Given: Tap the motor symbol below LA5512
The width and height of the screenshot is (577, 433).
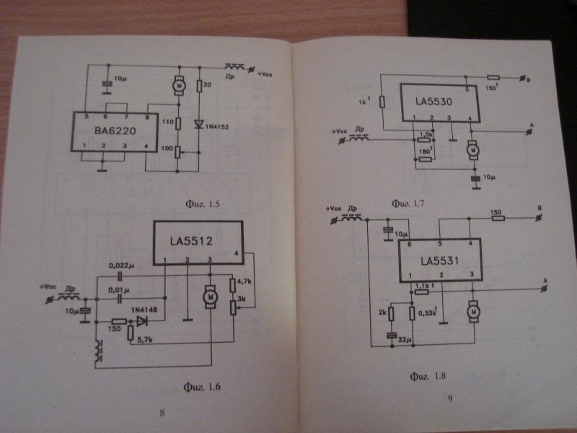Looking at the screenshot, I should pyautogui.click(x=210, y=296).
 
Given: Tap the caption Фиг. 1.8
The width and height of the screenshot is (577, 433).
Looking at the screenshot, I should pyautogui.click(x=428, y=375).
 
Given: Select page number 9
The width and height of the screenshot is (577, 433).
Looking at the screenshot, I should pyautogui.click(x=449, y=398).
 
